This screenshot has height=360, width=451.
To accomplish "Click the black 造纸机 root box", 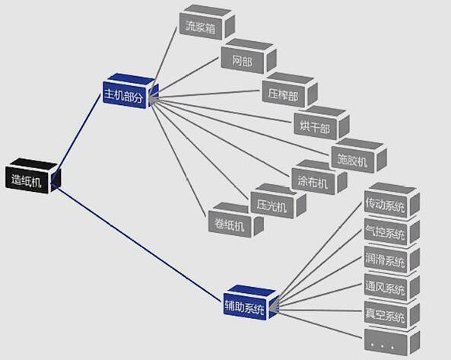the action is (x=33, y=176).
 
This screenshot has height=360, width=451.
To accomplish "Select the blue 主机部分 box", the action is (x=130, y=91).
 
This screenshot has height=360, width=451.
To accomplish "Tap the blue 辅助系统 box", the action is (x=251, y=302).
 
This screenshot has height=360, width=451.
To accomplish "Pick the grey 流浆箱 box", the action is (x=207, y=22).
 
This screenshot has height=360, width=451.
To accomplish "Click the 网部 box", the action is (x=249, y=56).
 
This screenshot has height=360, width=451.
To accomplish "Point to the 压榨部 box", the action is (x=290, y=90).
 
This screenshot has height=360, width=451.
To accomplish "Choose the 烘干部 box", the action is (x=322, y=123).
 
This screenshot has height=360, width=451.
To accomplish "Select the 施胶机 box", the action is (x=359, y=156).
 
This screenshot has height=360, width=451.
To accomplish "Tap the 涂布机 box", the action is (x=319, y=177).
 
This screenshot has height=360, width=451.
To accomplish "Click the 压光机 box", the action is (x=278, y=202).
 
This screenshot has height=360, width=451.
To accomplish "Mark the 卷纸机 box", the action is (x=236, y=220).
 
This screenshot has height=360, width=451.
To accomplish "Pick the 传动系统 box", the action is (x=392, y=201).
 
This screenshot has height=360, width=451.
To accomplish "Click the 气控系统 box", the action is (x=392, y=232).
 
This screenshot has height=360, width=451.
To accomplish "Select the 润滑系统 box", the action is (x=392, y=260).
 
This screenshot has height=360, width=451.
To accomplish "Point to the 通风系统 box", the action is (x=392, y=287).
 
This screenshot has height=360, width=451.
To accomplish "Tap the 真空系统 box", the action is (x=392, y=315).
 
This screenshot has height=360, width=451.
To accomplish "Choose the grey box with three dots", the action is (x=392, y=341).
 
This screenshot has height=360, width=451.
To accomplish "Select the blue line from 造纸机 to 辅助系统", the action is (x=138, y=243).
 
